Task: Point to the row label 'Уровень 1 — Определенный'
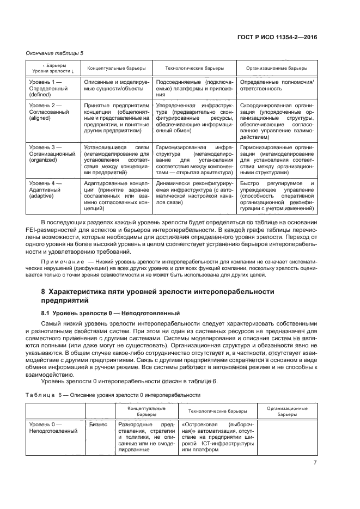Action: pos(47,87)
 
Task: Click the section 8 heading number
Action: pos(43,292)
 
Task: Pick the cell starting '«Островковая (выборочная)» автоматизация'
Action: pos(218,437)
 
